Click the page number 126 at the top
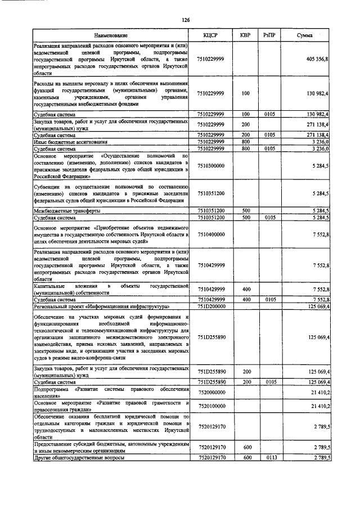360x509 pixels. pyautogui.click(x=186, y=20)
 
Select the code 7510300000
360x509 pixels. pyautogui.click(x=211, y=166)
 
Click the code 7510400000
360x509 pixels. pyautogui.click(x=211, y=233)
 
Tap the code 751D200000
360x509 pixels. pyautogui.click(x=211, y=307)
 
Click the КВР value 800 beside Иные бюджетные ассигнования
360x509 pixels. pyautogui.click(x=245, y=142)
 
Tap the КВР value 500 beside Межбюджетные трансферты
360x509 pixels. pyautogui.click(x=245, y=210)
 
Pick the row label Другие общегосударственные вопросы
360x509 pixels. pyautogui.click(x=79, y=458)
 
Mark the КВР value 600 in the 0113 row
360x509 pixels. pyautogui.click(x=245, y=458)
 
